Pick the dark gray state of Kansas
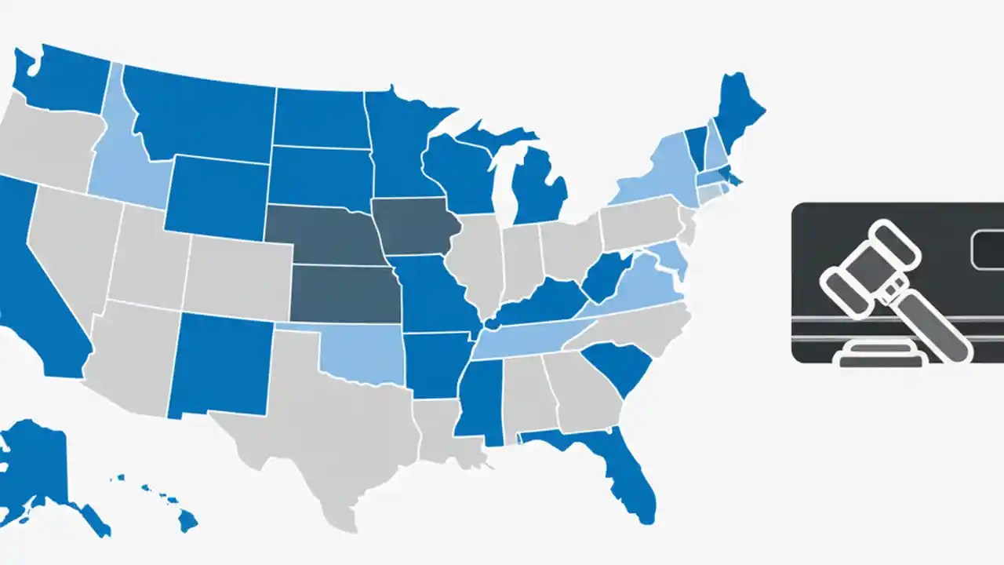[345, 294]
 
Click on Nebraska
[326, 235]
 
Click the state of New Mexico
[220, 361]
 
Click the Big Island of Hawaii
[187, 519]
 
